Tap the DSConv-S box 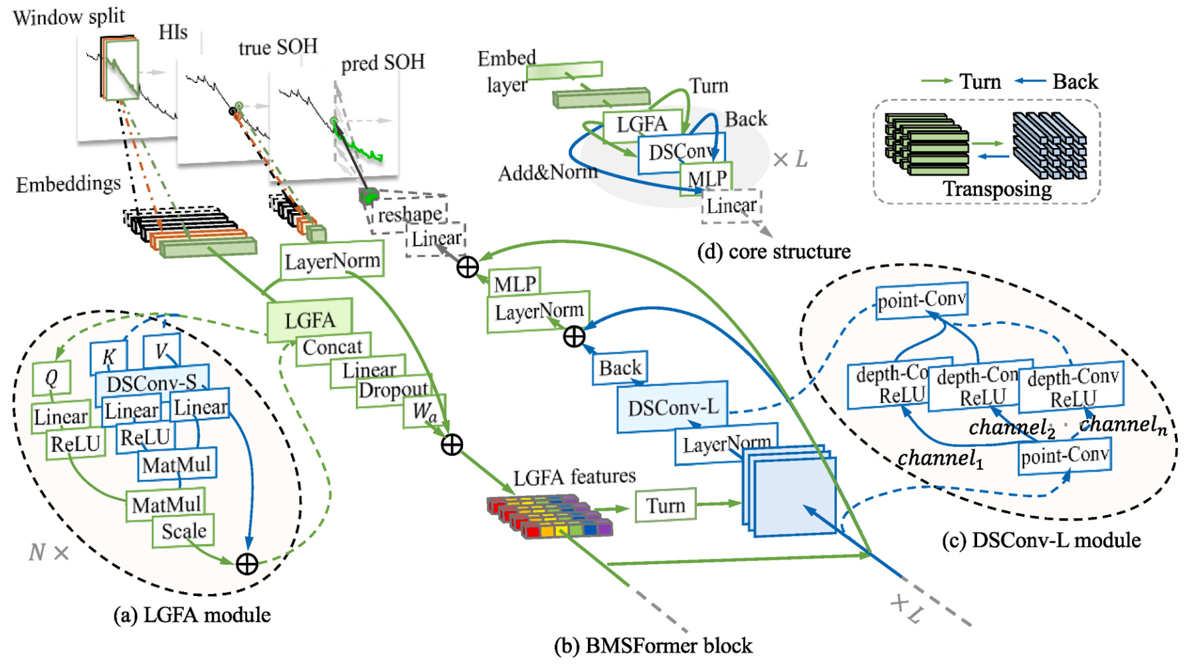coord(152,383)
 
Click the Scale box coord(183,531)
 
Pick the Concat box coord(333,346)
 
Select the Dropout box coord(393,390)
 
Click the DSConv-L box coord(672,407)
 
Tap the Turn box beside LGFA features coord(666,506)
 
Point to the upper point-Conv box coord(921,301)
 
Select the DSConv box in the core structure coord(682,153)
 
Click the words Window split coord(69,17)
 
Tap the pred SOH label coord(383,63)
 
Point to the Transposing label coord(997,189)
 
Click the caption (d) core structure coord(774,252)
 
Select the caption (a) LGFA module coord(192,615)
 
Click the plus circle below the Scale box coord(247,564)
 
